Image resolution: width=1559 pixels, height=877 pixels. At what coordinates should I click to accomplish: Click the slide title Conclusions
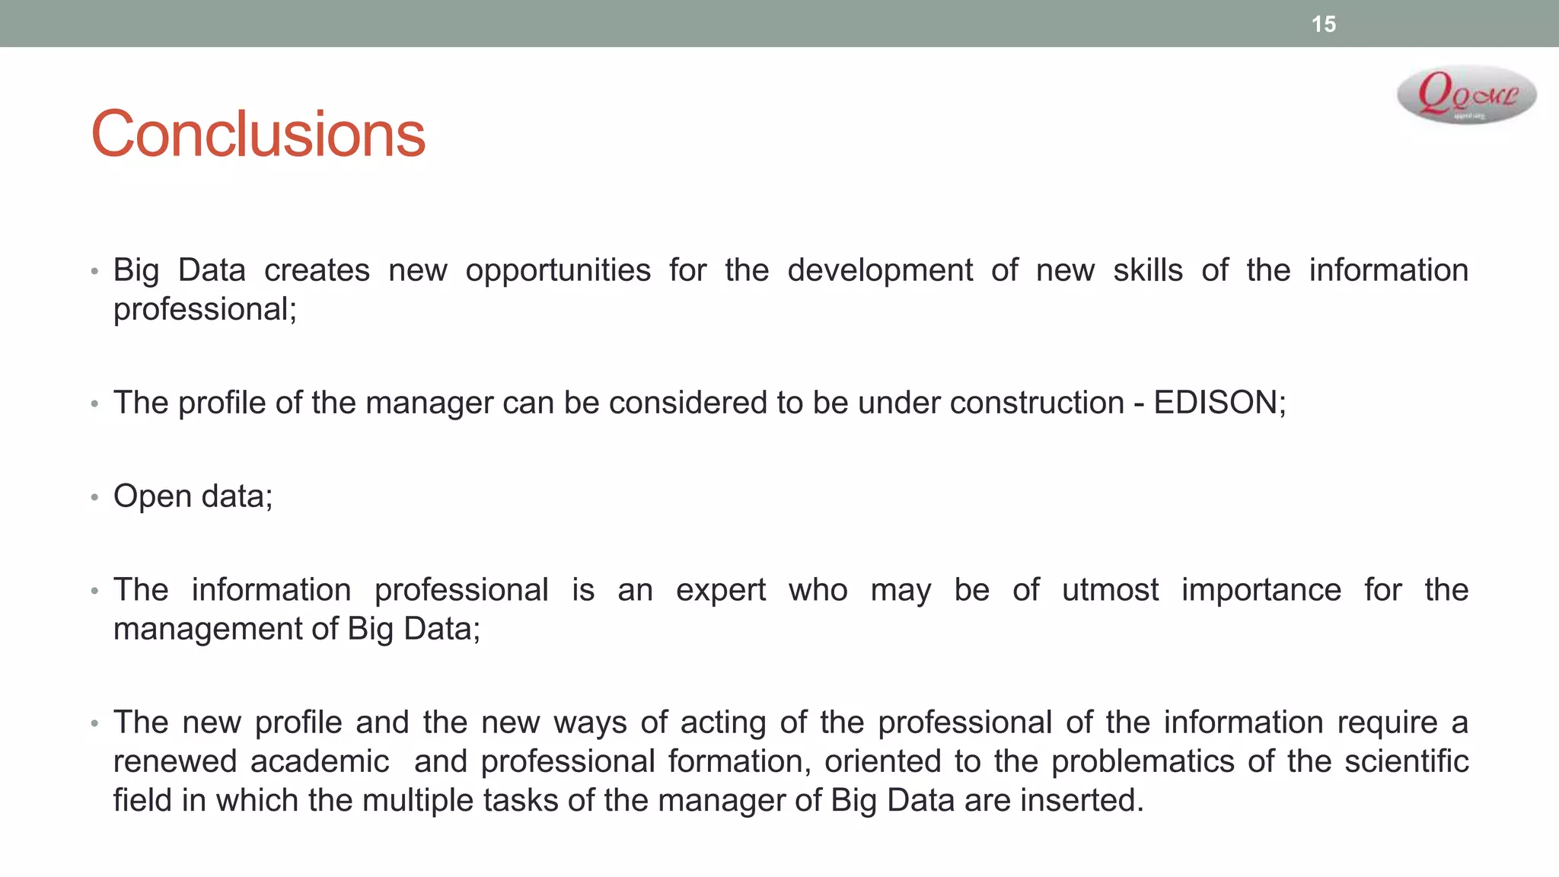[258, 135]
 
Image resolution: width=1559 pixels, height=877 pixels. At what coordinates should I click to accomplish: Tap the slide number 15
[1324, 24]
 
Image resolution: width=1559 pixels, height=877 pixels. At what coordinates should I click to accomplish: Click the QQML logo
[1467, 95]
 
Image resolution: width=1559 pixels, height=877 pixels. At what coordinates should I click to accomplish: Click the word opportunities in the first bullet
[558, 271]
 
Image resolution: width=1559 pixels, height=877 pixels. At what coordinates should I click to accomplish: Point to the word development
[880, 271]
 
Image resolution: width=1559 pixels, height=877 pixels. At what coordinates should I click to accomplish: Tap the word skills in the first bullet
[1148, 271]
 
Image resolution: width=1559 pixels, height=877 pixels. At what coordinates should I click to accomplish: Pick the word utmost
[1111, 591]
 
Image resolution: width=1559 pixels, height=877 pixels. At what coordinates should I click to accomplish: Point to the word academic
[320, 761]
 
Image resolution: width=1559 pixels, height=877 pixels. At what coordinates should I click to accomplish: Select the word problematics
[1143, 762]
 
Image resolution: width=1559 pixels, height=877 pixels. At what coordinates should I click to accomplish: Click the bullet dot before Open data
[94, 498]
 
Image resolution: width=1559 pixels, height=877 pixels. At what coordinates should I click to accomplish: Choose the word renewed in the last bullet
[175, 761]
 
